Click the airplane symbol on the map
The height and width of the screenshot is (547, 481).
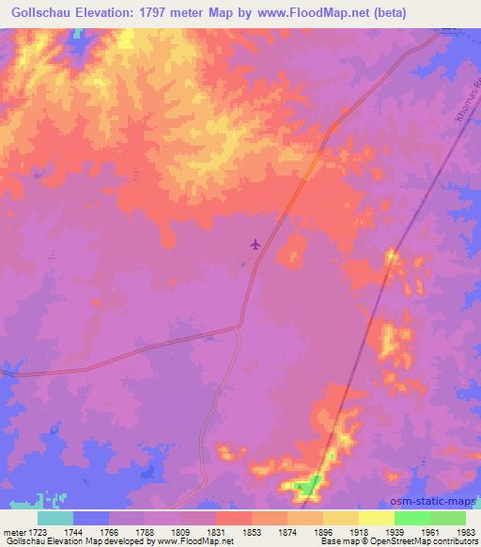(255, 244)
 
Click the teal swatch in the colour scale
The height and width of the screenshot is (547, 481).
(55, 518)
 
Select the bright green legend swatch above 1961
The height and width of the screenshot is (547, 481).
(412, 518)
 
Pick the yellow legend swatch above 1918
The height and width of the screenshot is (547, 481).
(341, 518)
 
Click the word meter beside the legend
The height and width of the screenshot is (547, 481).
(13, 532)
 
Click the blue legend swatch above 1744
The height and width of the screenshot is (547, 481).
(91, 518)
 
